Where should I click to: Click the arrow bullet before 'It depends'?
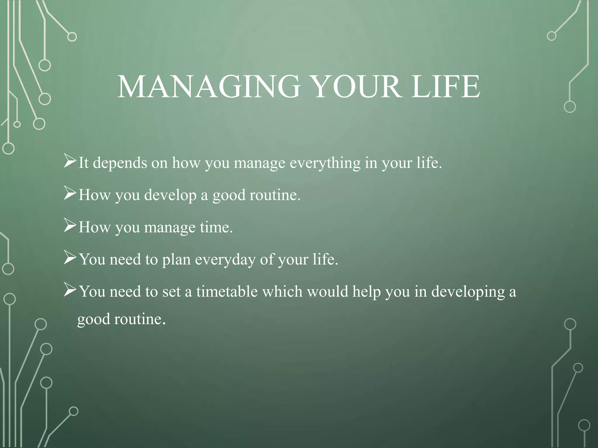click(x=70, y=162)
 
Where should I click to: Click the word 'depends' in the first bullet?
click(x=120, y=163)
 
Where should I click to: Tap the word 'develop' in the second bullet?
click(x=170, y=195)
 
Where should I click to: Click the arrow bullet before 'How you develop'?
click(x=70, y=194)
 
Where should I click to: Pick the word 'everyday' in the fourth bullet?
click(x=225, y=260)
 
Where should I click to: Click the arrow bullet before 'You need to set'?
click(x=70, y=290)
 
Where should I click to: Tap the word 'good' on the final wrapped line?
click(x=93, y=319)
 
